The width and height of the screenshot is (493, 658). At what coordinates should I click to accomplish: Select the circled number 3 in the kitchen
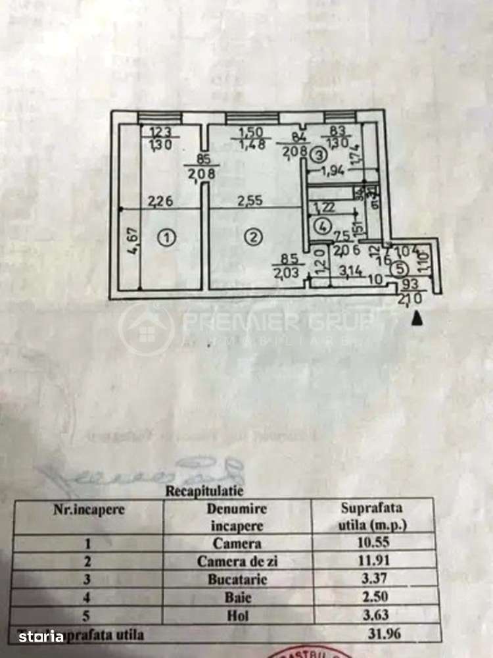point(318,155)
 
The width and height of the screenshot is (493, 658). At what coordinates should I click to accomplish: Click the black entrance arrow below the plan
point(416,318)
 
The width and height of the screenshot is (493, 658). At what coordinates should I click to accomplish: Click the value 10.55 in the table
point(371,544)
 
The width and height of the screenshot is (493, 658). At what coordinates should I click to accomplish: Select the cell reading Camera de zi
point(237,561)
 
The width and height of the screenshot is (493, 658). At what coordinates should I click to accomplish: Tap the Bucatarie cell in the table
point(237,580)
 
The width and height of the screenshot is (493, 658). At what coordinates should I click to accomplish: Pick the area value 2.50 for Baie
point(371,598)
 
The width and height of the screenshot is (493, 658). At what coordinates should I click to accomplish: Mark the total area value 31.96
point(371,635)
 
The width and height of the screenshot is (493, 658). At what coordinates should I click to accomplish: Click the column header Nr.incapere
point(89,509)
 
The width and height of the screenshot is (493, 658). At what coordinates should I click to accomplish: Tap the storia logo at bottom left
point(41,636)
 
